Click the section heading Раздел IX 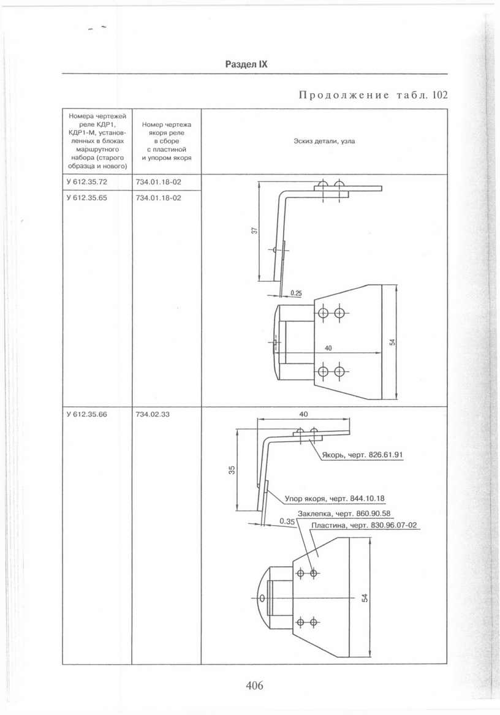click(246, 64)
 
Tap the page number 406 click(254, 686)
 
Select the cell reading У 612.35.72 click(86, 182)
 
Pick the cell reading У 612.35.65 click(86, 198)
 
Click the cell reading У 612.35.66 click(86, 415)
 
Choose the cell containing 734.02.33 click(153, 415)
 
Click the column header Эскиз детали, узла click(324, 142)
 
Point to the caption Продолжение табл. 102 click(373, 95)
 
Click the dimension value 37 click(255, 231)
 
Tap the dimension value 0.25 click(296, 293)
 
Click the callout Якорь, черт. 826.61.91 click(362, 455)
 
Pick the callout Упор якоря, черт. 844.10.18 click(335, 498)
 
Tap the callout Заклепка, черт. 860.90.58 click(344, 513)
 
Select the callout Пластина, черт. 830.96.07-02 click(364, 525)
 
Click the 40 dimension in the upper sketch click(328, 348)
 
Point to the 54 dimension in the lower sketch click(365, 598)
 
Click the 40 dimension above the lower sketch click(303, 414)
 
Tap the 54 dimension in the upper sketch click(392, 342)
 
